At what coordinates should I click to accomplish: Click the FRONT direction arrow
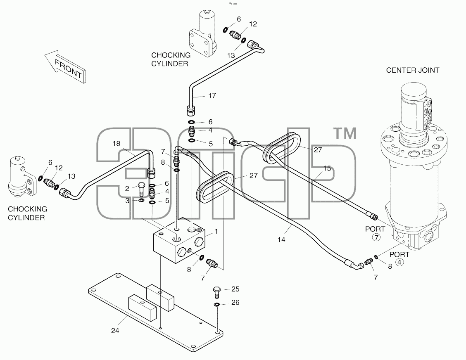tap(65, 66)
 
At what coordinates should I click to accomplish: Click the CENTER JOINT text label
tap(413, 70)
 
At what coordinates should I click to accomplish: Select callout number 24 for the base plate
tap(115, 330)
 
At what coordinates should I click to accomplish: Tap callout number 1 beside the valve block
tap(216, 231)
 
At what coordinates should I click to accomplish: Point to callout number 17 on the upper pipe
tap(212, 95)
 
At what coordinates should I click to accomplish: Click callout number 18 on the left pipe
tap(116, 144)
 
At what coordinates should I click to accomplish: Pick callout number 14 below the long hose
tap(281, 239)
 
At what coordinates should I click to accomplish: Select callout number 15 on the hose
tap(327, 168)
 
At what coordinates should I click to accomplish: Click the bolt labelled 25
tap(217, 292)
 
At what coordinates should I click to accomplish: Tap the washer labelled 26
tap(217, 304)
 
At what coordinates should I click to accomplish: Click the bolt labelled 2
tap(141, 188)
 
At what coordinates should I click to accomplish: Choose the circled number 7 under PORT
tap(376, 238)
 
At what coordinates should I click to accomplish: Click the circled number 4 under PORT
tap(400, 262)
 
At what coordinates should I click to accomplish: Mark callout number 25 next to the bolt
tap(235, 289)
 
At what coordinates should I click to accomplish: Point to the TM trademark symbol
tap(346, 133)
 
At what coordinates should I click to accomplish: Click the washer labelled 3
tap(141, 201)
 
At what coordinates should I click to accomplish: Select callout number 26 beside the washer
tap(235, 302)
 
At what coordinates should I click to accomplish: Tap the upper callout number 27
tap(318, 150)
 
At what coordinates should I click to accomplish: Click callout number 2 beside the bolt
tap(127, 188)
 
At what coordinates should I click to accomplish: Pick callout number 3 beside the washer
tap(127, 201)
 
